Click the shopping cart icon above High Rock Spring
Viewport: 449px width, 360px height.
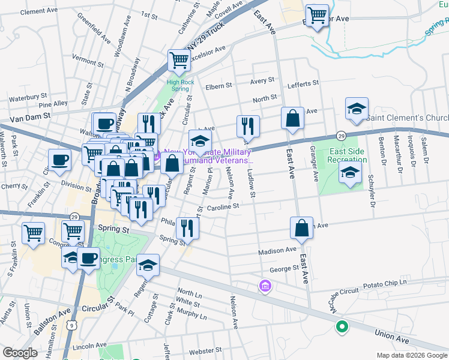tap(179, 60)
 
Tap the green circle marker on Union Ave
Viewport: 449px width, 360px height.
tap(342, 327)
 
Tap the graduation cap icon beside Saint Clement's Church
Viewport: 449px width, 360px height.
tap(357, 109)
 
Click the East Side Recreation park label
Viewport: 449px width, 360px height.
tap(348, 155)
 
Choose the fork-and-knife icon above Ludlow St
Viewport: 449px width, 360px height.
tap(248, 126)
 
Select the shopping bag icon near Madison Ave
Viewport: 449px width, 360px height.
tap(301, 228)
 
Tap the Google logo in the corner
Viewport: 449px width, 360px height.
tap(20, 353)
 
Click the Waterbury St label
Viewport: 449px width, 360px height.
tap(28, 96)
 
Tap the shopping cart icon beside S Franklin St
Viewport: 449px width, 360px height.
tap(33, 233)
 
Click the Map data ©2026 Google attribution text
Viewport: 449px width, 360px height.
tap(411, 355)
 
